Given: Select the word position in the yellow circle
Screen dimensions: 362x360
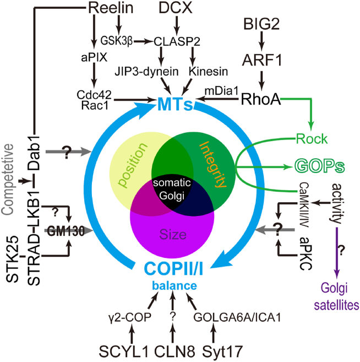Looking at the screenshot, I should click(x=134, y=165).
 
